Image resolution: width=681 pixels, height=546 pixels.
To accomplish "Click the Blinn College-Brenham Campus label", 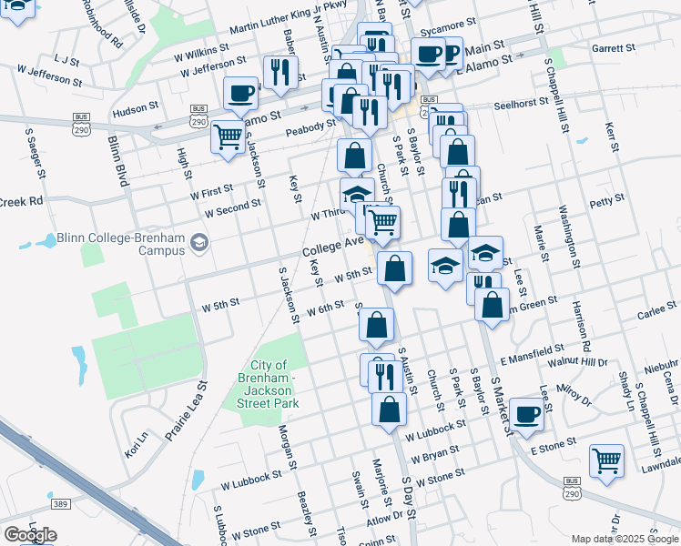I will click(121, 238).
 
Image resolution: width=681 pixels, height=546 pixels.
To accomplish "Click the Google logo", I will click(29, 535).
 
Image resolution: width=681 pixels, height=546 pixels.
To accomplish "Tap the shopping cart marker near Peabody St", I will click(228, 138).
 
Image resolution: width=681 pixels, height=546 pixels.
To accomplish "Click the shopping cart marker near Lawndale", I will click(606, 460).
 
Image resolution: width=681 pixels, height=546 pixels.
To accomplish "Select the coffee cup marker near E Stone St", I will click(525, 414).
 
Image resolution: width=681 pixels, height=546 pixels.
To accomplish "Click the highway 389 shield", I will click(61, 503).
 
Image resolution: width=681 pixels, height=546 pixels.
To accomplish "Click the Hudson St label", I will click(136, 109).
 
